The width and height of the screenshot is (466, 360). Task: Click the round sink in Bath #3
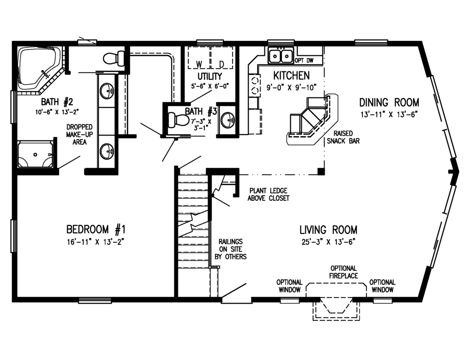228,120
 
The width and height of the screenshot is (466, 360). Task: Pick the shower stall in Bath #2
35,155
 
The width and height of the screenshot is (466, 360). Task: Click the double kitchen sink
281,55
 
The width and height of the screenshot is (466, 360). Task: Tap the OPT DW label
304,61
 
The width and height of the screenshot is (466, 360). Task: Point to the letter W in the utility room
199,64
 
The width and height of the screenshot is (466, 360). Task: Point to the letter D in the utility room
222,64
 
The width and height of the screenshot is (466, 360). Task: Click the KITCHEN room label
292,76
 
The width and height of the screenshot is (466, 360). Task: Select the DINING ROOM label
390,102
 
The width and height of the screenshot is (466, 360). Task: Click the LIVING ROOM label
329,230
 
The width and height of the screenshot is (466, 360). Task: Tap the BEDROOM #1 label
96,229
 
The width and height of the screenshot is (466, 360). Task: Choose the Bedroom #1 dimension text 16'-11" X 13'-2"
96,242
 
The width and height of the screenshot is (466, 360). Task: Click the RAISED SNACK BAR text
343,137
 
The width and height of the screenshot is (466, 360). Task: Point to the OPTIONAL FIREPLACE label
344,272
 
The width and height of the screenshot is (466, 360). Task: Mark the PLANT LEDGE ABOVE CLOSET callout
268,194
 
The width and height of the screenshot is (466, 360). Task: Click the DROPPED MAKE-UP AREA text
79,134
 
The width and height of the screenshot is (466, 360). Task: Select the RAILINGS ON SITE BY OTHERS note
231,249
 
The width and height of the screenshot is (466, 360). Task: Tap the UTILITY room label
210,77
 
